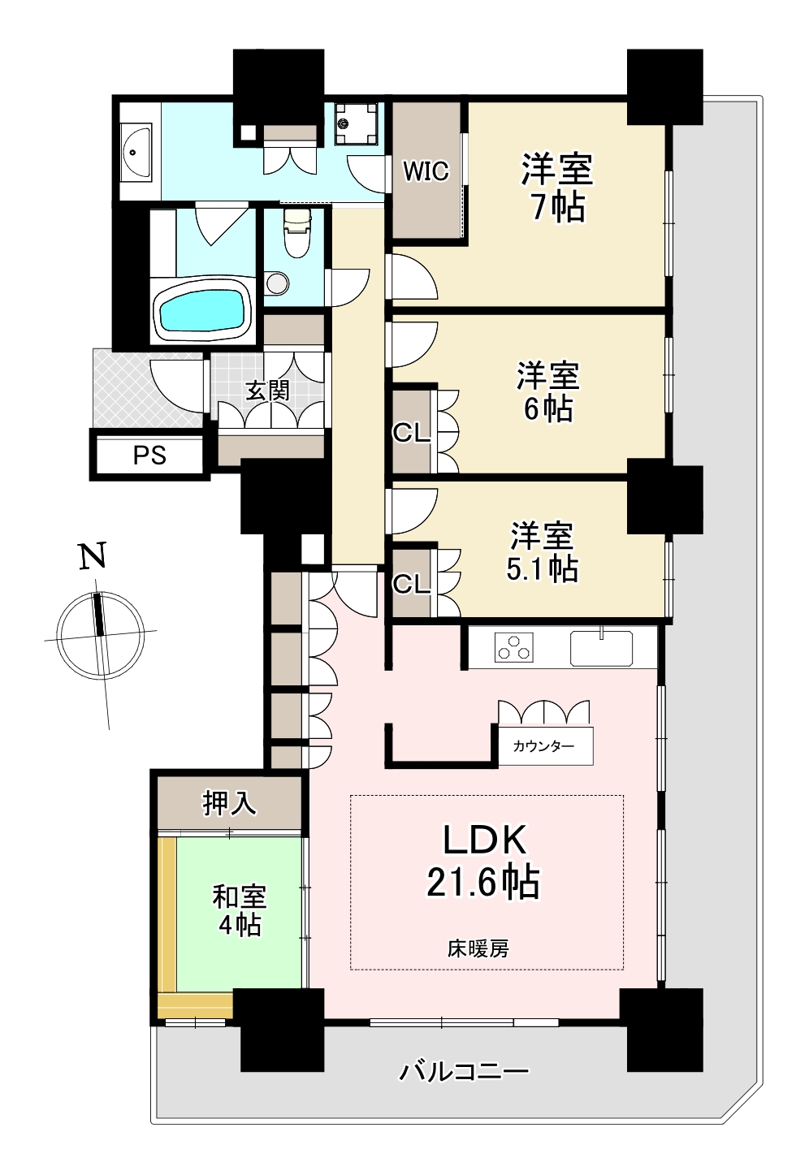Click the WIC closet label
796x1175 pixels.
click(x=426, y=171)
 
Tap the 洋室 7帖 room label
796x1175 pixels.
click(x=557, y=188)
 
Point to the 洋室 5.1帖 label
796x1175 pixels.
click(x=543, y=552)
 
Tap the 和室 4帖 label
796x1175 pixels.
click(x=240, y=911)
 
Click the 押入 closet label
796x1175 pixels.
click(x=230, y=803)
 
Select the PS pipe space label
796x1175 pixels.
click(x=150, y=456)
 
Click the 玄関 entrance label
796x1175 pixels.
click(x=268, y=391)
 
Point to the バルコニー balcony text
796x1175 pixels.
click(x=464, y=1071)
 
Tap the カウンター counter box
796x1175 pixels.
click(x=546, y=745)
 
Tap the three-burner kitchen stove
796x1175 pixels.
click(x=514, y=646)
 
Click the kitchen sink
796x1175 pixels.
click(x=601, y=647)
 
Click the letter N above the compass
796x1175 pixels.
click(x=93, y=555)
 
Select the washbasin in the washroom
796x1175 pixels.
click(x=136, y=152)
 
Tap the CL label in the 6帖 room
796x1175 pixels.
click(x=411, y=433)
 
